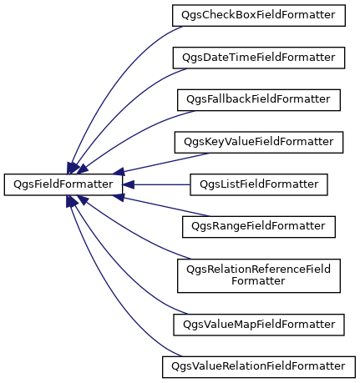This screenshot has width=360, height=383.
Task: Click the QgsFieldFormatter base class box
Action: [63, 184]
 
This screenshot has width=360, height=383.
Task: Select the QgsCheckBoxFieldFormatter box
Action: [259, 15]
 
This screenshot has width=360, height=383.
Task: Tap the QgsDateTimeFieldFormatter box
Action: [259, 58]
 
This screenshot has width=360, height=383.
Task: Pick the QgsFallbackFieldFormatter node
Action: [259, 100]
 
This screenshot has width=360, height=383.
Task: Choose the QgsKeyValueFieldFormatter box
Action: [259, 142]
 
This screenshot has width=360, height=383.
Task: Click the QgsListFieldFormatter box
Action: [259, 184]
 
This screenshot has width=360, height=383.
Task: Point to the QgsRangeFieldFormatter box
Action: [259, 227]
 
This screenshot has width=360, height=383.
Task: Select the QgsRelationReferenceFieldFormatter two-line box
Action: [259, 275]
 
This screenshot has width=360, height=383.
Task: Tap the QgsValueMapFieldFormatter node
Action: [259, 325]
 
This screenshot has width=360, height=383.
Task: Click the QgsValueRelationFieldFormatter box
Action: [259, 367]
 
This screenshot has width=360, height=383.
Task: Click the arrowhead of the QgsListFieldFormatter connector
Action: [129, 184]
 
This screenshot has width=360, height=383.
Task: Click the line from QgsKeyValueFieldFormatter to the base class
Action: [165, 163]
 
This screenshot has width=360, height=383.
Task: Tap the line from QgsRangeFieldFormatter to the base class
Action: [165, 207]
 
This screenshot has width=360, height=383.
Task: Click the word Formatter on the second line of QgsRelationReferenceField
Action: [258, 281]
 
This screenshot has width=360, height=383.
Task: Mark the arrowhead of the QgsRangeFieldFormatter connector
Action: [119, 197]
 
